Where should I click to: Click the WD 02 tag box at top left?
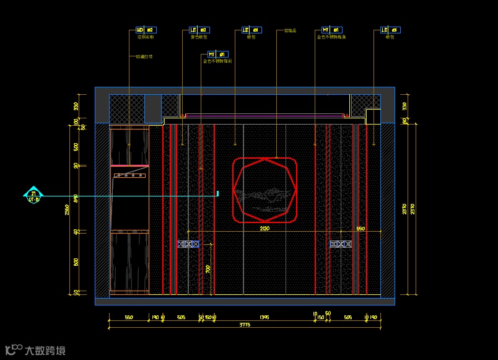click(x=146, y=30)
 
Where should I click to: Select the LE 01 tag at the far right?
click(x=390, y=30)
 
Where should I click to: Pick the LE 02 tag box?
click(x=199, y=30)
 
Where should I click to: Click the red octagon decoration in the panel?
click(x=264, y=190)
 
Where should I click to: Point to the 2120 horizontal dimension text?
click(x=264, y=229)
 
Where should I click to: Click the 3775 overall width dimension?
click(x=245, y=325)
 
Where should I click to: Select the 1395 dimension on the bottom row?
click(x=264, y=317)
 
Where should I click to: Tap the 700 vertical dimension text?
click(x=208, y=269)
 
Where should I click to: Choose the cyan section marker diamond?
click(x=33, y=195)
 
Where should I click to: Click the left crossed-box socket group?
click(x=188, y=244)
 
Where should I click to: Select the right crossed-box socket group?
click(x=341, y=244)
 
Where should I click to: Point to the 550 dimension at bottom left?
click(x=129, y=317)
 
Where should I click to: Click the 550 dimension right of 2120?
click(x=360, y=229)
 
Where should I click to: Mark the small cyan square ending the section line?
click(x=217, y=194)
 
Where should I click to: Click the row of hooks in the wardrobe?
click(x=129, y=175)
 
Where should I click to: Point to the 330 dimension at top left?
click(x=76, y=106)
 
